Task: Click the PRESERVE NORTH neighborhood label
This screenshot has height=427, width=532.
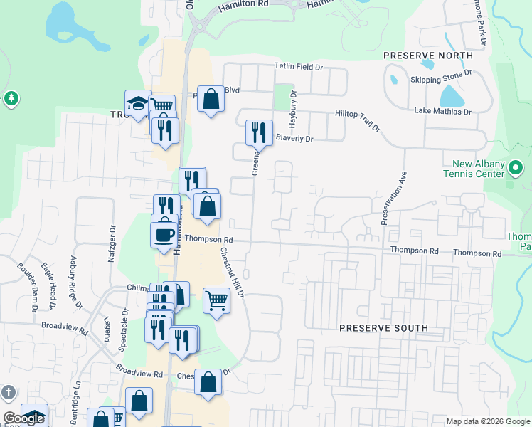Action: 427,56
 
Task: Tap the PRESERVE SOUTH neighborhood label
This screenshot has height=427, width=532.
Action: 383,328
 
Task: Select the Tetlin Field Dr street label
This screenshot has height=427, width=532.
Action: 299,68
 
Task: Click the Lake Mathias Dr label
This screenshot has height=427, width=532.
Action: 442,112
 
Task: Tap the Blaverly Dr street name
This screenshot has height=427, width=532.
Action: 294,139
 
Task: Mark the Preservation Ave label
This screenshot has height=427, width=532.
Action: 393,197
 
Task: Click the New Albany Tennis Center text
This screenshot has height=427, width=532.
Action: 474,169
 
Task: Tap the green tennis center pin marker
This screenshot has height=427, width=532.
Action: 516,167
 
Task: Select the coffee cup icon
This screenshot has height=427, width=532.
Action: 164,233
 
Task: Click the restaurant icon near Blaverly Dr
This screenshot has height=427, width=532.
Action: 259,132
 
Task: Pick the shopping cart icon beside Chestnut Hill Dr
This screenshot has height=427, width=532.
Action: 216,299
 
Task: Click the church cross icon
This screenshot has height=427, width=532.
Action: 7,392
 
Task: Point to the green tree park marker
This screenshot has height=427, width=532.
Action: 11,98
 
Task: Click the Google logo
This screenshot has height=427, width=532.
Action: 23,418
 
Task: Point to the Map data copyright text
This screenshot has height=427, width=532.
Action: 488,421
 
